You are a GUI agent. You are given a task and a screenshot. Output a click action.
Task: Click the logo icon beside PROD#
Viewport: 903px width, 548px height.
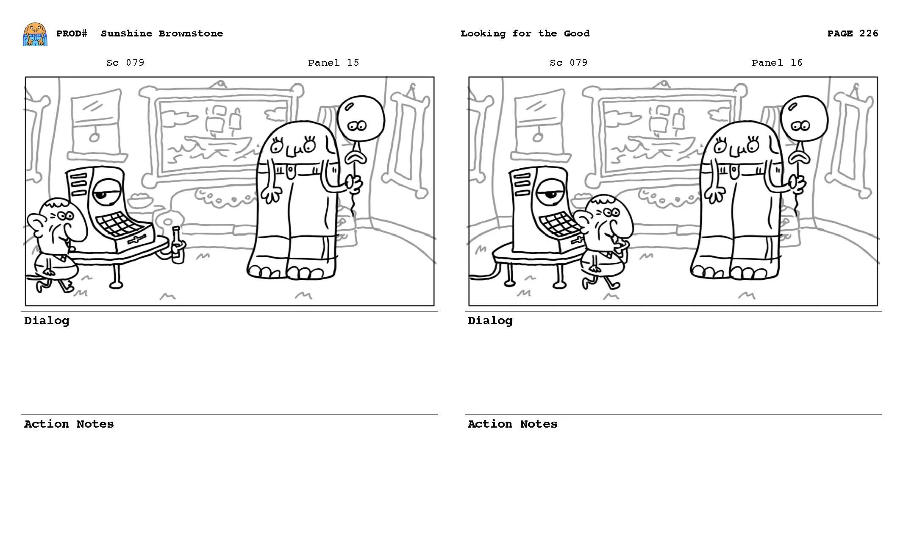click(x=35, y=34)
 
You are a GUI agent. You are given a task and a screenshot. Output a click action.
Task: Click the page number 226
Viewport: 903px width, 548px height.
click(x=868, y=33)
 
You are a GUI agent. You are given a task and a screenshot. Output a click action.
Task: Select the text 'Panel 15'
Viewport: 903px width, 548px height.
click(x=333, y=63)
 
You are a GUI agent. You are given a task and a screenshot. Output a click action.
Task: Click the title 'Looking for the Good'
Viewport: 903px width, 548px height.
click(x=525, y=33)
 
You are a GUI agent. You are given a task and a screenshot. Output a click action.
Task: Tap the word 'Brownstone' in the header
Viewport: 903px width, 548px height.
click(x=191, y=33)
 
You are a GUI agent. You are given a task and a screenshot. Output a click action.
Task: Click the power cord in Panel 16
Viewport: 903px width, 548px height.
click(x=483, y=277)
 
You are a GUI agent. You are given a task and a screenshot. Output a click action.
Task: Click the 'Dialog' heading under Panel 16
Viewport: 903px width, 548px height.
click(x=490, y=321)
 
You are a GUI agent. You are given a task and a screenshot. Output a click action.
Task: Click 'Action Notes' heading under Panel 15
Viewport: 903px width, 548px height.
click(x=69, y=424)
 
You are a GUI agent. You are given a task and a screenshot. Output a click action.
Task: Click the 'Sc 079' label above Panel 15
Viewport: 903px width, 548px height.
click(x=125, y=63)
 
